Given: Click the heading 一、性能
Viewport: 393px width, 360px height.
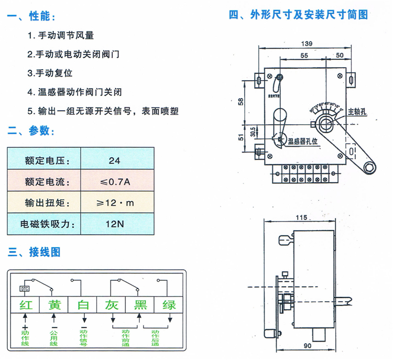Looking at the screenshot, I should tap(31, 17).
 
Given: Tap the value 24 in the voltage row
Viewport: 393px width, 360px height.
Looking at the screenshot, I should tap(114, 161).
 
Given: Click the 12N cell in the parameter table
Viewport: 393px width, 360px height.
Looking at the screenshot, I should tap(114, 224).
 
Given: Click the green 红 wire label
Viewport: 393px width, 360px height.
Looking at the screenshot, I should tap(26, 305).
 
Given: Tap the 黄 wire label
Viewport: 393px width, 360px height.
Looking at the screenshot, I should tap(54, 305).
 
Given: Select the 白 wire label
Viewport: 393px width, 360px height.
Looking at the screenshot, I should tap(83, 305).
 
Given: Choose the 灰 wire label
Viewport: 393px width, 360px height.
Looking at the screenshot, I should tap(112, 305).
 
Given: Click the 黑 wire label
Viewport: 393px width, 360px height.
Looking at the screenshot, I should tap(140, 305).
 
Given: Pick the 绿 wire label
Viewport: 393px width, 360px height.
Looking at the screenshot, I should tap(169, 305).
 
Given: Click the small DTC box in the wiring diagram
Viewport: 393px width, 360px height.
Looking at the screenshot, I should tap(25, 289).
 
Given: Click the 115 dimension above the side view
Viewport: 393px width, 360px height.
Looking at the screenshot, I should tap(300, 216).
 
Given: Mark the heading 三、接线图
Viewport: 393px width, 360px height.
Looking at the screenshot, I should tap(34, 252).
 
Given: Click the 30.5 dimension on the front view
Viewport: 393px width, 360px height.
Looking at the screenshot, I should tap(252, 131).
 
